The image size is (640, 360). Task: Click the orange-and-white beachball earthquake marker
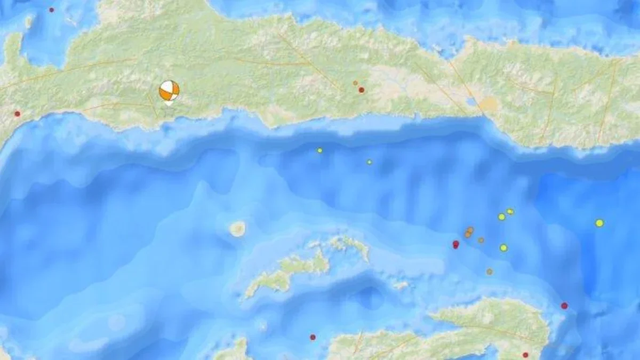(169, 90)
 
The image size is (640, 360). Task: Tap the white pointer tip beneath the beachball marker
(169, 103)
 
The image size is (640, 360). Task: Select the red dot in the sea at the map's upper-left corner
(52, 10)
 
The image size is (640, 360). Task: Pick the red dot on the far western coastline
(17, 114)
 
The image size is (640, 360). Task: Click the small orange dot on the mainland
(355, 83)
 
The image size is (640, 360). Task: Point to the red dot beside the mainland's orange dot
(362, 90)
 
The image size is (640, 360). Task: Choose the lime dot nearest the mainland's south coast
(320, 150)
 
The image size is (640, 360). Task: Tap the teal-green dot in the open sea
(369, 162)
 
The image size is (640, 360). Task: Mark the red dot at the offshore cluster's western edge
(455, 244)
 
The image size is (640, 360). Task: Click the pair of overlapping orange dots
(469, 232)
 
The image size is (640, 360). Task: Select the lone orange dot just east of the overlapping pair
(481, 240)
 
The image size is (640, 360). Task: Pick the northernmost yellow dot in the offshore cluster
(510, 212)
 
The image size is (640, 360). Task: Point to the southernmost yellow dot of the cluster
(503, 247)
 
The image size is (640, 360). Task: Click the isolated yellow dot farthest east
(599, 223)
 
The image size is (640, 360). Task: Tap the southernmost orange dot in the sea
(489, 271)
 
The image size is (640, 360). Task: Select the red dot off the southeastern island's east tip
(564, 306)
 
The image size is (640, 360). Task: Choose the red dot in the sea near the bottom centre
(313, 337)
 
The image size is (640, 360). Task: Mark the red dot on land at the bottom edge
(525, 355)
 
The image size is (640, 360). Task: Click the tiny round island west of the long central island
(237, 229)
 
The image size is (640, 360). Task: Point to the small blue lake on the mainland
(471, 101)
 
